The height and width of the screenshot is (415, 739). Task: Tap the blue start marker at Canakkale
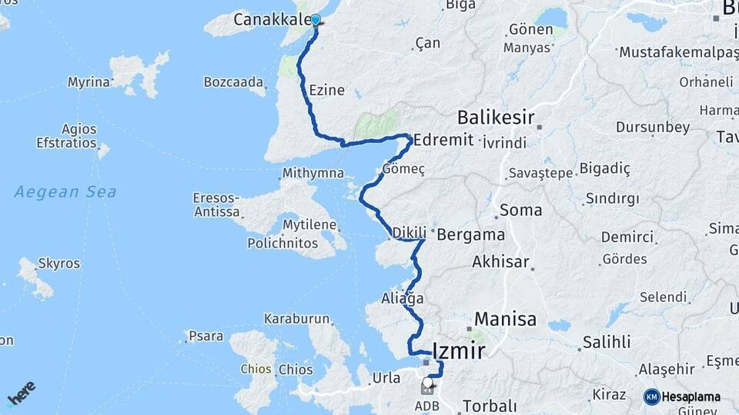(x=315, y=20)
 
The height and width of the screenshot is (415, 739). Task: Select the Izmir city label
(x=460, y=351)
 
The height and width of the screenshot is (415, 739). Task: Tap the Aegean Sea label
(x=65, y=191)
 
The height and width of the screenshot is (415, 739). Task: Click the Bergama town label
(x=470, y=235)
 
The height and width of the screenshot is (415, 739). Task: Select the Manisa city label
(x=505, y=319)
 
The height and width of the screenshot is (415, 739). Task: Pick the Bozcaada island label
(x=234, y=82)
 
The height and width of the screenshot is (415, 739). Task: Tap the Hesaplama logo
(x=682, y=397)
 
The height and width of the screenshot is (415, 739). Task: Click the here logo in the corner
(x=21, y=393)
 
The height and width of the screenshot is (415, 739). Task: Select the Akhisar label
(x=501, y=262)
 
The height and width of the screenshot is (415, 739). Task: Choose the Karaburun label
(x=296, y=318)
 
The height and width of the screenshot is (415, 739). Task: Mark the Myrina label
(x=89, y=81)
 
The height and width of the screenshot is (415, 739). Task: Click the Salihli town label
(x=607, y=342)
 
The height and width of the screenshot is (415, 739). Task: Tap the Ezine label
(x=326, y=91)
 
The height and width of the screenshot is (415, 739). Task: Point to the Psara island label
(x=207, y=336)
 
